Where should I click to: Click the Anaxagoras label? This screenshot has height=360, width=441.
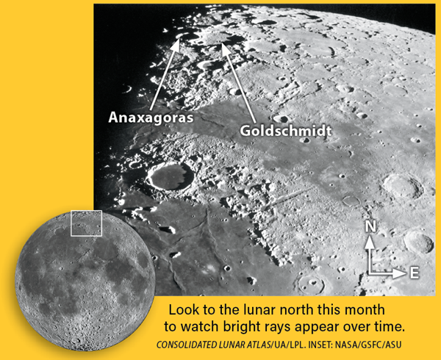pyautogui.click(x=151, y=118)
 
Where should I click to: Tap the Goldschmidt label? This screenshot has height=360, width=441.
pyautogui.click(x=285, y=131)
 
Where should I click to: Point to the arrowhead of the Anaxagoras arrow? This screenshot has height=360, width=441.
pyautogui.click(x=176, y=45)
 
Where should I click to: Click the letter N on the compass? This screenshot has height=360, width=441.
pyautogui.click(x=370, y=226)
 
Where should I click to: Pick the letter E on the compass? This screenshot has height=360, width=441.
pyautogui.click(x=415, y=273)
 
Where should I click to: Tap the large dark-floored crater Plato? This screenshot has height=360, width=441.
pyautogui.click(x=171, y=176)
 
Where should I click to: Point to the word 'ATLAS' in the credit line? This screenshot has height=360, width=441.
pyautogui.click(x=257, y=345)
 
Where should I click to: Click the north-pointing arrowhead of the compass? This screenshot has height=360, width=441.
pyautogui.click(x=370, y=242)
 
